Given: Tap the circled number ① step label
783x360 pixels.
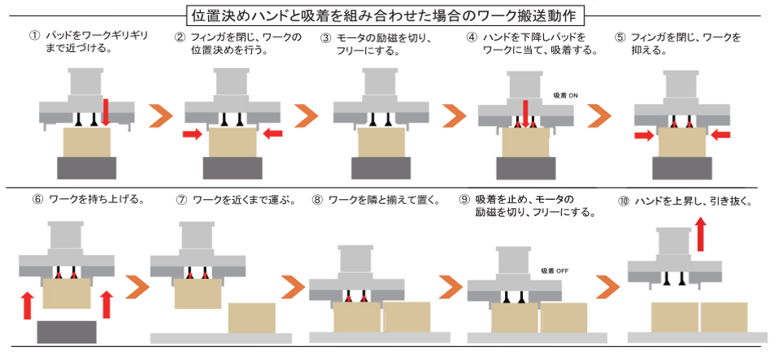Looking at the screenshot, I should click(x=34, y=37).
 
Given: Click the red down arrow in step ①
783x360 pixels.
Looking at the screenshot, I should click(x=106, y=111).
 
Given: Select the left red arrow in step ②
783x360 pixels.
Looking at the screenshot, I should click(x=193, y=132).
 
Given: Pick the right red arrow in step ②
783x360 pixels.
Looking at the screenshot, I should click(x=273, y=132).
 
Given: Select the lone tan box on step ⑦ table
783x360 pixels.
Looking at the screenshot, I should click(x=251, y=317).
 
